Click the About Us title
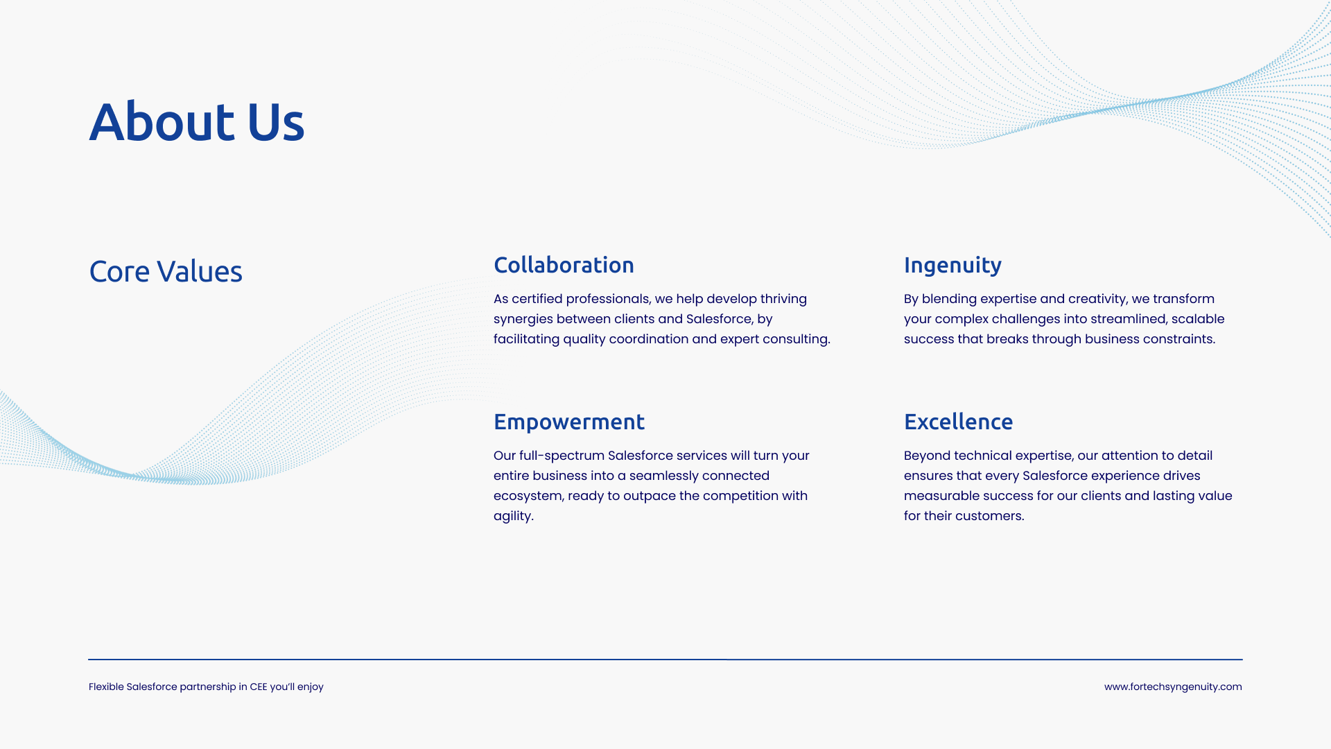197,122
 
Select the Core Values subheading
166,271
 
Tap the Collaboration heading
564,265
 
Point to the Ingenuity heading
952,266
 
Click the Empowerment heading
569,422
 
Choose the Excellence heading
958,422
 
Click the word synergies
523,320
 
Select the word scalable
1198,319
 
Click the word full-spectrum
562,456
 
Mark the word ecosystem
528,497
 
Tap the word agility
513,517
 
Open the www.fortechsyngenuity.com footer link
1173,687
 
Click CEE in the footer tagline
259,687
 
